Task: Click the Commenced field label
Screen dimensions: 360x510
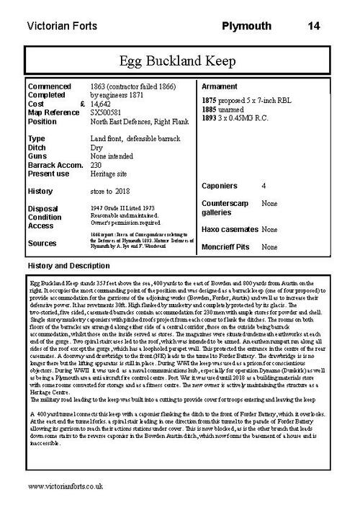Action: [x=50, y=86]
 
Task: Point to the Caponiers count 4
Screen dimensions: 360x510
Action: [x=264, y=186]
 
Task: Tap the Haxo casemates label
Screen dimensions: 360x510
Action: [x=230, y=229]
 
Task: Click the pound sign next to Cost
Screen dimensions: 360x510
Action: [x=83, y=103]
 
